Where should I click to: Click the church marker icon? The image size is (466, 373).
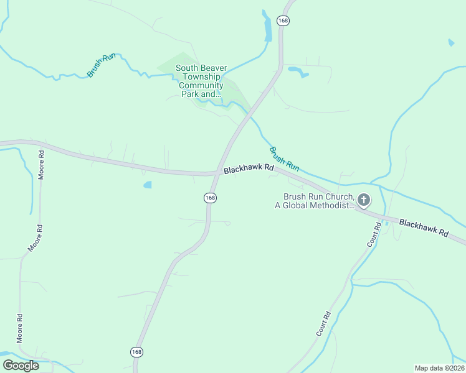[364, 200]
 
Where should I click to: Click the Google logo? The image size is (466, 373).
[21, 366]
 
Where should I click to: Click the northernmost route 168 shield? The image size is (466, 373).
[284, 21]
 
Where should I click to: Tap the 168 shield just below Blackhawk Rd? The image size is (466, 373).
[210, 198]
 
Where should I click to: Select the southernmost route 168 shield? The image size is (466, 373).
[137, 352]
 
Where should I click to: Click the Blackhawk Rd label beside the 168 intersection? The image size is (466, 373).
[249, 168]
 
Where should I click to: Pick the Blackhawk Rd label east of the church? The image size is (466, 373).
[424, 227]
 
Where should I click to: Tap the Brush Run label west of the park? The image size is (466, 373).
[102, 65]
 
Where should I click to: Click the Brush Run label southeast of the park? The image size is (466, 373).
[284, 159]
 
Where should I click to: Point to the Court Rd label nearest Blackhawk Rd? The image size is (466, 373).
[374, 234]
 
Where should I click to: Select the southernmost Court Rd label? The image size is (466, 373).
[323, 324]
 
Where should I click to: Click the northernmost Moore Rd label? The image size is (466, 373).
[41, 165]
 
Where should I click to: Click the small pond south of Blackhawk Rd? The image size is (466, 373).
[148, 185]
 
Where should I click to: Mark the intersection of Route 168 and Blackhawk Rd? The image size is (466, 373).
[216, 173]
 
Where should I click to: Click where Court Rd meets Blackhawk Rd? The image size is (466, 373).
[378, 215]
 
